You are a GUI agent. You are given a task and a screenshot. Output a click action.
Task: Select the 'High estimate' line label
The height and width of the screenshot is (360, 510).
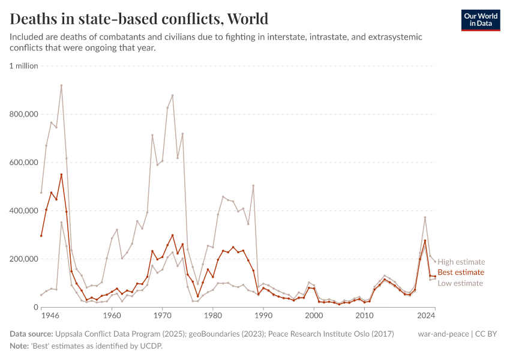tap(461, 262)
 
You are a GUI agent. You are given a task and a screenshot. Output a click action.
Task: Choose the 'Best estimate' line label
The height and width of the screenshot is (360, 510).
tap(461, 272)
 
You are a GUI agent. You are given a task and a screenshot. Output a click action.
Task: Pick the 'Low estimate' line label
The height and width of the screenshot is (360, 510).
tap(460, 283)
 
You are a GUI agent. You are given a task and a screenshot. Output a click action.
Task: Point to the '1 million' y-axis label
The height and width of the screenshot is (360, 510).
tap(24, 66)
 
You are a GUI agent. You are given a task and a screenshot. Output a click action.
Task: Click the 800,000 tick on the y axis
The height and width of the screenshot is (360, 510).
tap(24, 114)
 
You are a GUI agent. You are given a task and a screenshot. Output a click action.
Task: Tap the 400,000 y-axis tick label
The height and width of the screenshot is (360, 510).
tap(24, 211)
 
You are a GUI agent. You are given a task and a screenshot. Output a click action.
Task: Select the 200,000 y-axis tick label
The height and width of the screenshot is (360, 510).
tap(24, 259)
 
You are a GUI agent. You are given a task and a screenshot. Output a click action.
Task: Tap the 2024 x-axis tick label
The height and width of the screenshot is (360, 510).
tap(426, 315)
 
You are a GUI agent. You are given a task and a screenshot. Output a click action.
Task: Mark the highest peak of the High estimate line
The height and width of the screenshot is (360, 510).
tap(61, 85)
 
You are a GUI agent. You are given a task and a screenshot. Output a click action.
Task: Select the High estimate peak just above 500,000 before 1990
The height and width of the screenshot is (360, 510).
tap(253, 185)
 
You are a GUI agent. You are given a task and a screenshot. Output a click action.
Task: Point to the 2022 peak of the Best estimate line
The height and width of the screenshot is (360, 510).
tap(425, 241)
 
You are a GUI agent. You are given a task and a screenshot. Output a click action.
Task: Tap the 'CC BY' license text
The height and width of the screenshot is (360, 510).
tap(487, 334)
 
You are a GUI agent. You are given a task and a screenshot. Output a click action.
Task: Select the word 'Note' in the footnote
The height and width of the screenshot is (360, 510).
tap(19, 346)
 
